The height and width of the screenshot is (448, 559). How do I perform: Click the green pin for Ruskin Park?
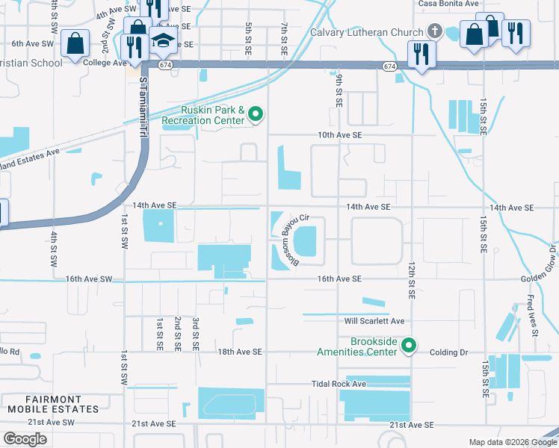[x=256, y=114]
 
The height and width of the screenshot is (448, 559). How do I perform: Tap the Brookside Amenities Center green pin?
[x=409, y=346]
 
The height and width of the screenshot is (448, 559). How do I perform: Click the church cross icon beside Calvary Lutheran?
[x=435, y=32]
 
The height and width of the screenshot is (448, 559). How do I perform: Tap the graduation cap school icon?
[x=161, y=40]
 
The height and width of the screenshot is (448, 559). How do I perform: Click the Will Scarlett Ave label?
[x=374, y=321]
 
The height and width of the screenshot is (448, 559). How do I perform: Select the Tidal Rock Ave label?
[x=339, y=384]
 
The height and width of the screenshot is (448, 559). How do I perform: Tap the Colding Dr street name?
[x=449, y=352]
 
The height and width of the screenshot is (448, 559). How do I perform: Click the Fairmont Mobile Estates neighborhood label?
[x=53, y=404]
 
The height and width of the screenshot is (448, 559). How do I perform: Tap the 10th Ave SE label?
[x=339, y=135]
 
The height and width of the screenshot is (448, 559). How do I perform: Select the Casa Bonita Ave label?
[x=448, y=4]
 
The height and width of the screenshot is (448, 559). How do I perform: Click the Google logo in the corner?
[x=25, y=439]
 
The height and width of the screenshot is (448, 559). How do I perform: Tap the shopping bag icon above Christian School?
[x=75, y=44]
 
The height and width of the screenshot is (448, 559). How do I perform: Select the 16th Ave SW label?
[x=88, y=279]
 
